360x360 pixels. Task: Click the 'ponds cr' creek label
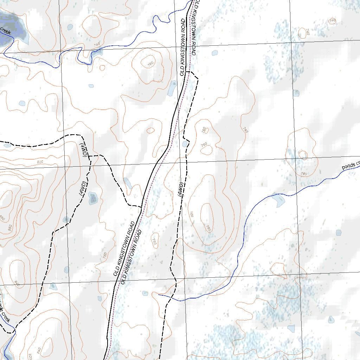(351, 165)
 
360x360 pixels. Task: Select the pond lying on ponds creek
(278, 200)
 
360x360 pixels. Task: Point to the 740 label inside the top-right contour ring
(332, 21)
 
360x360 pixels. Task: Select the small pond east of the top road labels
(214, 53)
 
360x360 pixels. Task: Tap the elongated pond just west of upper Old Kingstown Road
(172, 88)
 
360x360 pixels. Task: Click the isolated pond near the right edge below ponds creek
(339, 232)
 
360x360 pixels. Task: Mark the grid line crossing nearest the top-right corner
(291, 43)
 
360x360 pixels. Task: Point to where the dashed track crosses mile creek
(13, 329)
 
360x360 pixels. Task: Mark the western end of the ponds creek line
(159, 295)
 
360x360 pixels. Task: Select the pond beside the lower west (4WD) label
(92, 198)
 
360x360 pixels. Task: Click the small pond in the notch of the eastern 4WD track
(185, 144)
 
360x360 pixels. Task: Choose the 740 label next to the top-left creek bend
(97, 44)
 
